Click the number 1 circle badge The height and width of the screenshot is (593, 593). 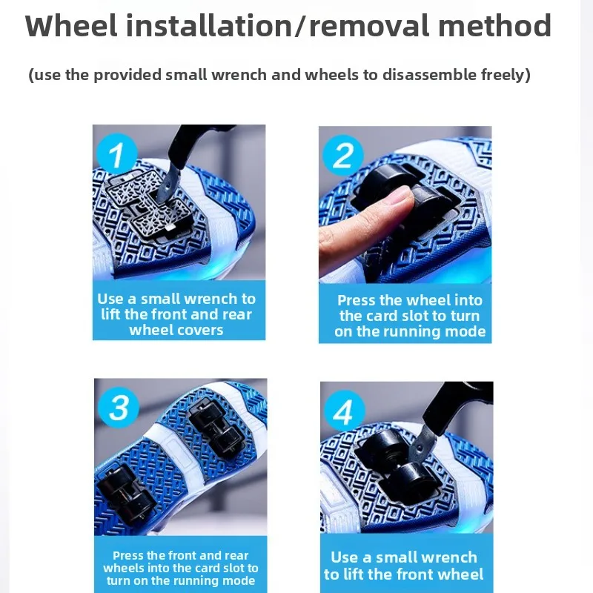(x=117, y=154)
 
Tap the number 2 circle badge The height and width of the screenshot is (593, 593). (x=342, y=155)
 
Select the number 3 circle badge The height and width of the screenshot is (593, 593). (x=119, y=407)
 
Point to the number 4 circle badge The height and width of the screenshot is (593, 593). (x=345, y=411)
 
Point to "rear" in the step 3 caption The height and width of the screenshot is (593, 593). (x=236, y=555)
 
